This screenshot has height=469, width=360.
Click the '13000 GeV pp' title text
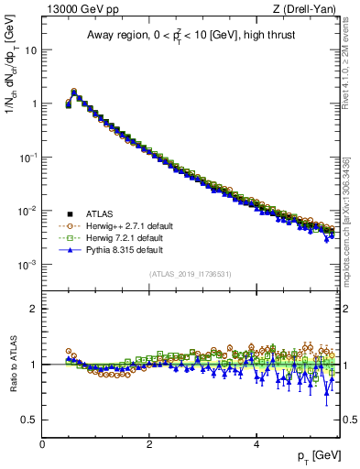[x=80, y=8]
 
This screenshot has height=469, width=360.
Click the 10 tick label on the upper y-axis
[x=29, y=49]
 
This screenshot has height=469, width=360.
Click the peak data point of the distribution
[x=74, y=92]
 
